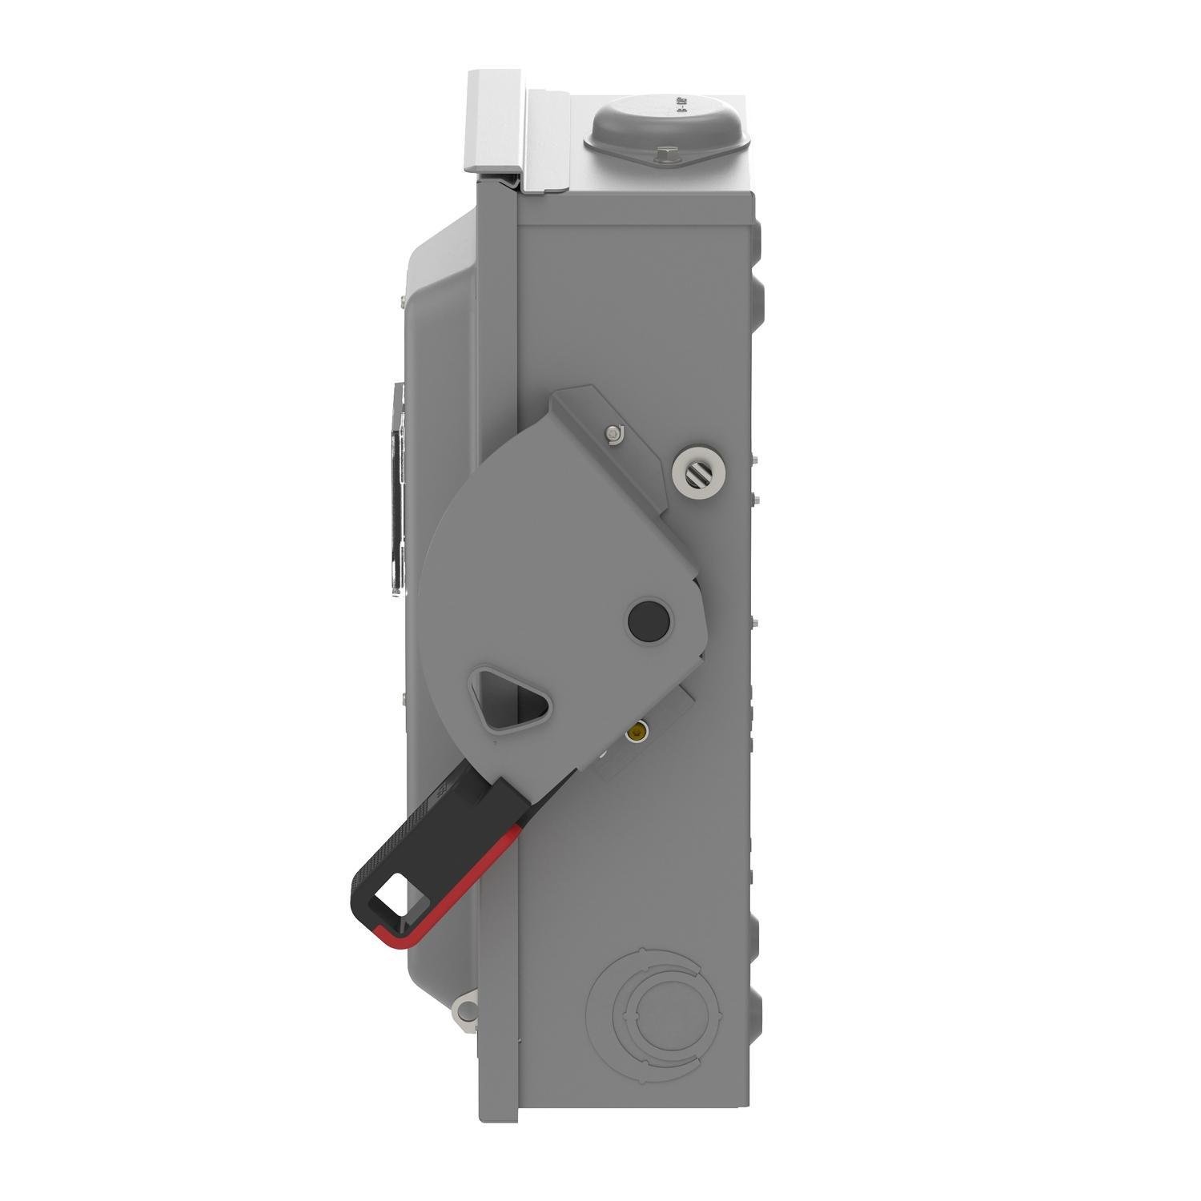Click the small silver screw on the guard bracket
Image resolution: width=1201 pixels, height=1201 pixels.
pos(614,433)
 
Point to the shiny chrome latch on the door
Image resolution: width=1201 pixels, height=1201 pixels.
pos(399,488)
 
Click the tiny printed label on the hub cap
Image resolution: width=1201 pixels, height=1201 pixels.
pos(682,105)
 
